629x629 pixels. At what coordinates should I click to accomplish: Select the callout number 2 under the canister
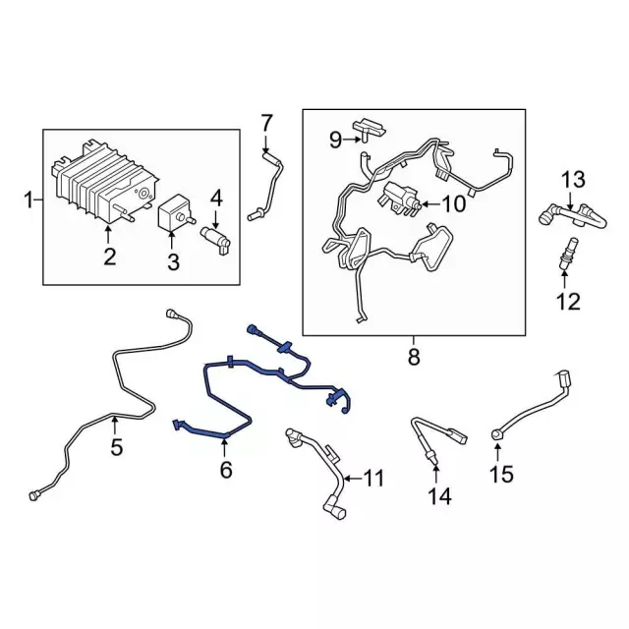click(x=109, y=257)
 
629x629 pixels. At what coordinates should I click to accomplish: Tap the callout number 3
click(x=173, y=261)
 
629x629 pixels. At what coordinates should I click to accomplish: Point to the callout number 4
click(x=216, y=197)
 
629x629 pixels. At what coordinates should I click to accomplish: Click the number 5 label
click(x=116, y=449)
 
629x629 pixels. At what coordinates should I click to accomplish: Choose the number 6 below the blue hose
click(x=226, y=471)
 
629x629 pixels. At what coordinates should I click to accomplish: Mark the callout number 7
click(x=265, y=123)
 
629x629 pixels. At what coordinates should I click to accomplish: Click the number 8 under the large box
click(x=413, y=358)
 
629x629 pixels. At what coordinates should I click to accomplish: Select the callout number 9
click(x=335, y=141)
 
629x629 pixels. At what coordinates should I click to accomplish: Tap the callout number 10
click(x=453, y=204)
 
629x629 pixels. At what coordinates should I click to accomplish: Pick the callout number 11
click(x=372, y=479)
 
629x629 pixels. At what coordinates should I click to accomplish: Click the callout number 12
click(x=568, y=301)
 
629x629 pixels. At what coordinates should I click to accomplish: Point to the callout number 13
click(x=572, y=179)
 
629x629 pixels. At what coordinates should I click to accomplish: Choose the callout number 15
click(x=501, y=476)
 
